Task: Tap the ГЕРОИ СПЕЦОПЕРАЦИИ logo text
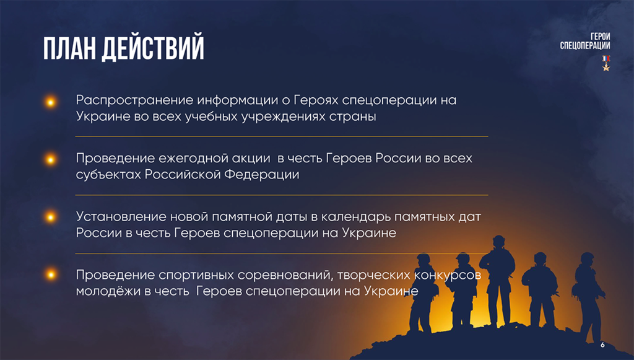pos(584,42)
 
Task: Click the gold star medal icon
pos(606,63)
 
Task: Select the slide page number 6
pos(602,345)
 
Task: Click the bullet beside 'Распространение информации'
pos(51,102)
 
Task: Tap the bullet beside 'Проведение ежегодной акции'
pos(51,160)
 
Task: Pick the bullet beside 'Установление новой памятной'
pos(51,217)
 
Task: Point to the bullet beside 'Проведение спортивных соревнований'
pos(51,275)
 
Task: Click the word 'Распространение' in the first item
pos(134,100)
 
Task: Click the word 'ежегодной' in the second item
pos(214,159)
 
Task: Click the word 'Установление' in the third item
pos(121,217)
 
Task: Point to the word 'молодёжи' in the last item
pos(108,291)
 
